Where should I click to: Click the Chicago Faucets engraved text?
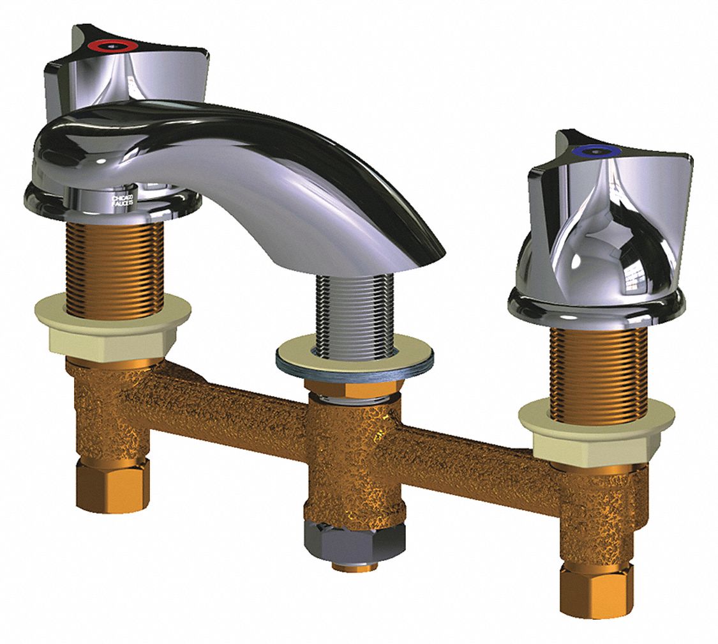click(122, 201)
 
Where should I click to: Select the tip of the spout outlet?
click(428, 252)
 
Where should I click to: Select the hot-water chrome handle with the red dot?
click(128, 70)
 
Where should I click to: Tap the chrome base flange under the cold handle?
click(597, 310)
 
